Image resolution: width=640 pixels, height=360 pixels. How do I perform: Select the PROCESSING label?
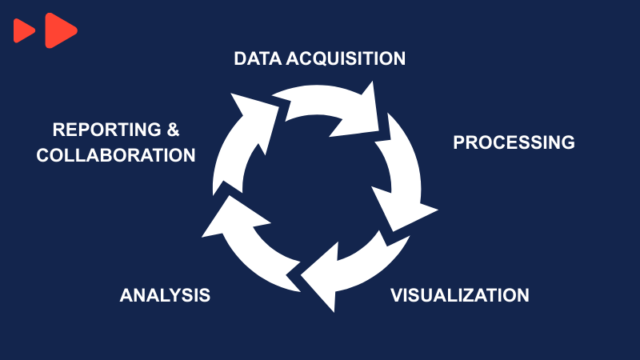pyautogui.click(x=514, y=142)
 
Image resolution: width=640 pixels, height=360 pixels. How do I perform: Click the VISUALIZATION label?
pyautogui.click(x=459, y=294)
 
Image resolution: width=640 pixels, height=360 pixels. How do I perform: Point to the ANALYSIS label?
pyautogui.click(x=165, y=294)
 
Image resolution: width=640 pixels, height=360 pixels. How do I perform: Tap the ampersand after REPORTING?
pyautogui.click(x=172, y=130)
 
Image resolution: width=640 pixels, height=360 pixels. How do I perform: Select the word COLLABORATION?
pyautogui.click(x=116, y=155)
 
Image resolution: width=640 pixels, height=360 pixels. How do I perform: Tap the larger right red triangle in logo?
pyautogui.click(x=59, y=30)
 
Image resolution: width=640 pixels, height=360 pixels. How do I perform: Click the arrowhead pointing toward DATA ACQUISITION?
pyautogui.click(x=252, y=112)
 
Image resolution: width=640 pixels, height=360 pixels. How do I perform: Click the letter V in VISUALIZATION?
pyautogui.click(x=397, y=294)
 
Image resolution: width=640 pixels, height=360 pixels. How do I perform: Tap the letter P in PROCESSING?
pyautogui.click(x=459, y=142)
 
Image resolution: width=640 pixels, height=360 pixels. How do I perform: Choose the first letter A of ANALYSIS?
pyautogui.click(x=126, y=294)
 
